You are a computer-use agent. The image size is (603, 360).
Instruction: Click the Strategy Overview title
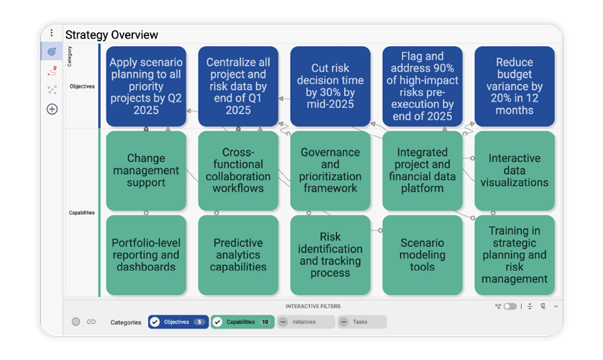tap(112, 35)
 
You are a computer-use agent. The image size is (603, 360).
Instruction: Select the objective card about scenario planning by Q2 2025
tap(146, 86)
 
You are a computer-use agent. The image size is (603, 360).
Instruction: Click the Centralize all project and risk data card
tap(238, 86)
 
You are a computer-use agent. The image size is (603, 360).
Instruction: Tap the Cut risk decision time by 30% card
tap(330, 86)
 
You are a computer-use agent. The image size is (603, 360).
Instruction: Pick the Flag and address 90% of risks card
tap(422, 86)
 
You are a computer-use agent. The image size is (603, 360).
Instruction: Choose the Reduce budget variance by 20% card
tap(514, 86)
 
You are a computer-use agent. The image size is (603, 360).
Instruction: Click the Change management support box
tap(146, 171)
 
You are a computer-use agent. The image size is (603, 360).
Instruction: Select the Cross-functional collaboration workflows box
tap(238, 171)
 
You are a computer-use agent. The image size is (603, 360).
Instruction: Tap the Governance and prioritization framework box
tap(330, 171)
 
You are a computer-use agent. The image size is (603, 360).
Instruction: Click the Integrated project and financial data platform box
tap(422, 171)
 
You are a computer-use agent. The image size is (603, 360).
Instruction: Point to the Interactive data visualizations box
tap(514, 171)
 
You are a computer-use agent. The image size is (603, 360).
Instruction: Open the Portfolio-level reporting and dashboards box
tap(146, 255)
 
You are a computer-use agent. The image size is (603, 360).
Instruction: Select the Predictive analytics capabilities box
tap(238, 255)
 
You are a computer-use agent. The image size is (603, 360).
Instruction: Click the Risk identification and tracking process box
tap(330, 255)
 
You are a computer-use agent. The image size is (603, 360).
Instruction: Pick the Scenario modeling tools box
tap(422, 255)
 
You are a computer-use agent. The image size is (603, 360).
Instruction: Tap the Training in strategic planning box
tap(514, 255)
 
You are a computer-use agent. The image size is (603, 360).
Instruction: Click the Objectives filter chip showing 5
tap(178, 322)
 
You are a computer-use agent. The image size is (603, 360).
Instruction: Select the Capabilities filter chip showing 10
tap(242, 322)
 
